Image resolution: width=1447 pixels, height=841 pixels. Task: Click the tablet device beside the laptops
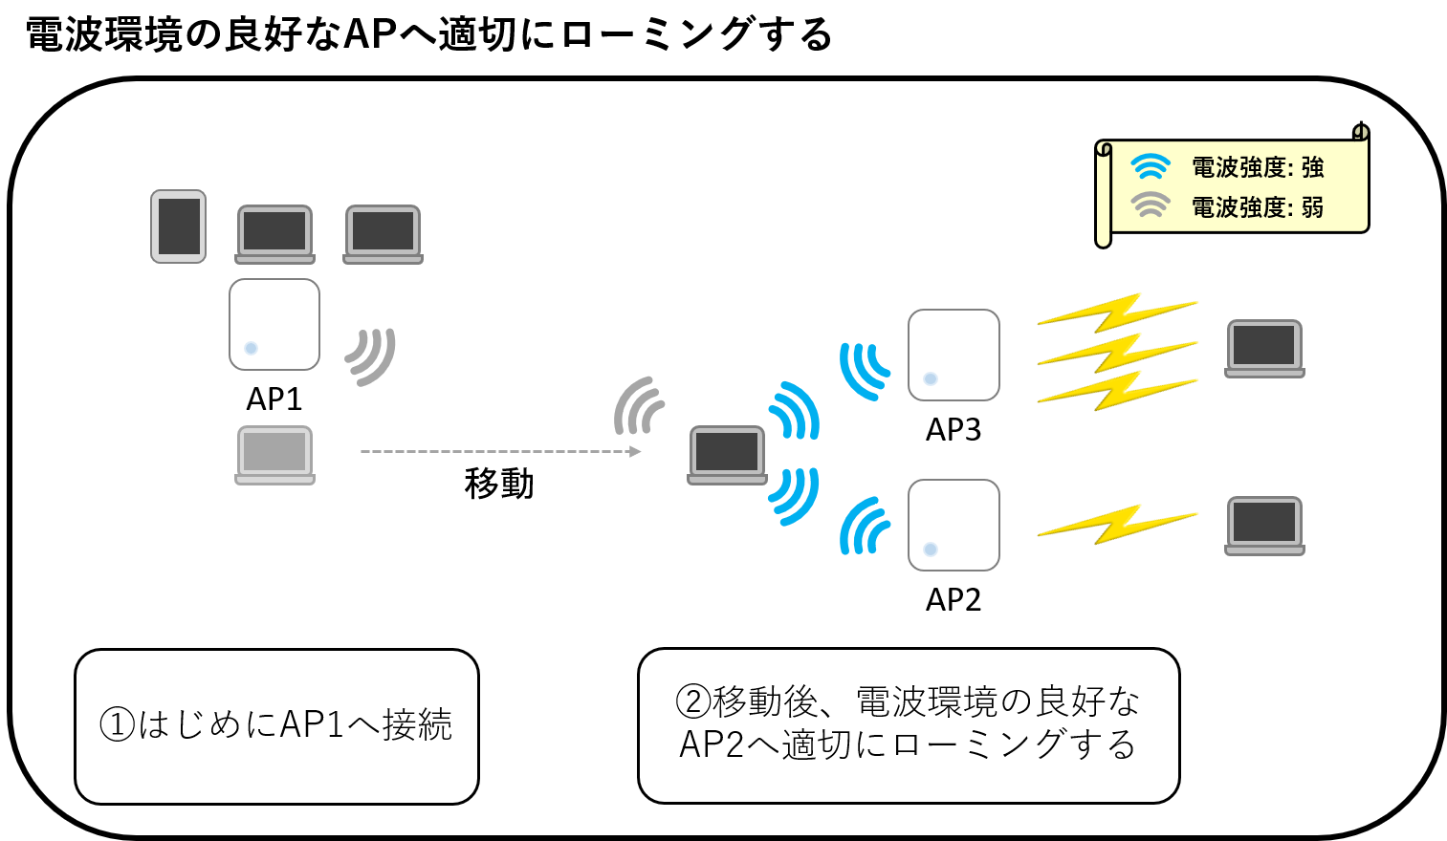[x=179, y=226]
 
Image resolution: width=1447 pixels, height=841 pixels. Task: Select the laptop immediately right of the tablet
[x=274, y=234]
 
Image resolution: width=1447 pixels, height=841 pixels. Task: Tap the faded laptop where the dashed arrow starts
[x=274, y=455]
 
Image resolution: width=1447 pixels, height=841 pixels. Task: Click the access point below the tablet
[x=274, y=325]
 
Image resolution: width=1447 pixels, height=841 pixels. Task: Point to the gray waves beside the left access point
[x=371, y=356]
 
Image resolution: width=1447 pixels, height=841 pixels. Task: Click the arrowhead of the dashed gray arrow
[x=635, y=451]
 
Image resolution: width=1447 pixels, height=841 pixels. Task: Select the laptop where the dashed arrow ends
[x=727, y=455]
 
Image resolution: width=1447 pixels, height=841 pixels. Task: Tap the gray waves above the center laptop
[x=639, y=405]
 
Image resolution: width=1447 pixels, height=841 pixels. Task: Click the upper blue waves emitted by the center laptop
[x=794, y=410]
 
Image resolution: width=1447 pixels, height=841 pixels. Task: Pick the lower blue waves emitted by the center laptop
[x=794, y=496]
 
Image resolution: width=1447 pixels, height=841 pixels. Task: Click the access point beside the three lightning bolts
[x=954, y=355]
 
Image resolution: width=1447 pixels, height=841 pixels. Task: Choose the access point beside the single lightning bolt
[x=954, y=525]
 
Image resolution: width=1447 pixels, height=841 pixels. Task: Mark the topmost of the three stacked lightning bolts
[x=1117, y=312]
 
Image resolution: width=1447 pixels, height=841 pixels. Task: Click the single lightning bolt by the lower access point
[x=1117, y=524]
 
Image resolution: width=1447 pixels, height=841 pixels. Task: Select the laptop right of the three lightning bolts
[x=1264, y=349]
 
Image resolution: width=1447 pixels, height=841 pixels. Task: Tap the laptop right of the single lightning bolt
[x=1264, y=526]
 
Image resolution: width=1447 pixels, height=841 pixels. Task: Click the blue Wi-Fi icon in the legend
[x=1151, y=167]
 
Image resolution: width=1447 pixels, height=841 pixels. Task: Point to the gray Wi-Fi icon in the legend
[x=1151, y=205]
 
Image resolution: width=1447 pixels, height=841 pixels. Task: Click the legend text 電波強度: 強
[x=1257, y=168]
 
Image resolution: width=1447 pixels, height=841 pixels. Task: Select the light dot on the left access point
[x=251, y=348]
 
